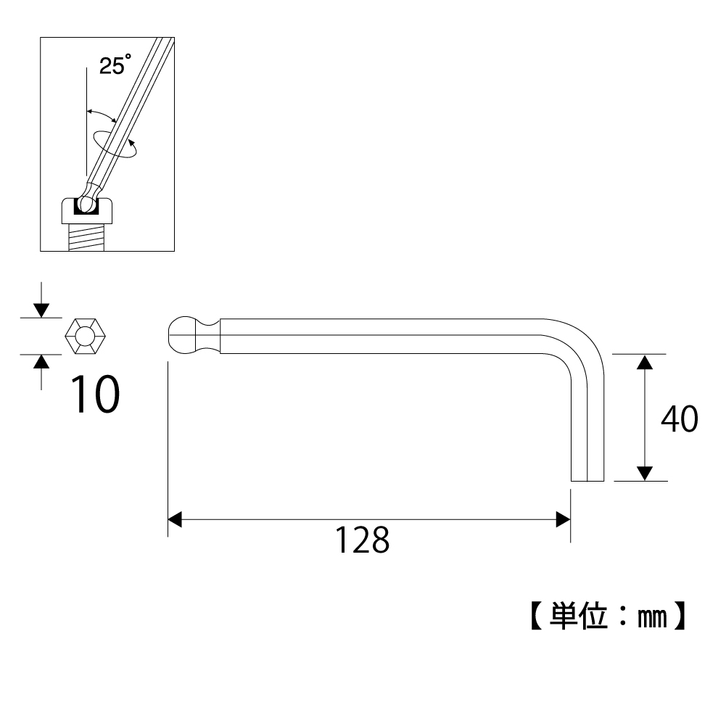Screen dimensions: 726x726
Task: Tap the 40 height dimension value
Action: point(679,419)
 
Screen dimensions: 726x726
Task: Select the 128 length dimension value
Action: point(362,540)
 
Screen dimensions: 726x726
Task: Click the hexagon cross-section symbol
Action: point(85,337)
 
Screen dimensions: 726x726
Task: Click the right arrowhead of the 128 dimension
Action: point(562,519)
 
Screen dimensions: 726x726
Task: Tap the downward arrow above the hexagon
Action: point(41,309)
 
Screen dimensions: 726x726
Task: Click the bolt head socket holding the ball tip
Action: point(87,212)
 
